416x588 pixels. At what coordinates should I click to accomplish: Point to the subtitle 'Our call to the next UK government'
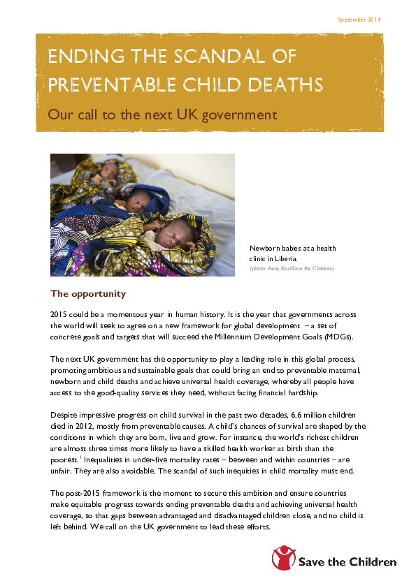pos(162,115)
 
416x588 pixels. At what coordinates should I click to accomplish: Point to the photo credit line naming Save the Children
pos(292,268)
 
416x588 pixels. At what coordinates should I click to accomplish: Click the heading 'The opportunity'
pos(88,293)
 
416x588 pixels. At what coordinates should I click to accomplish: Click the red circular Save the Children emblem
pos(284,559)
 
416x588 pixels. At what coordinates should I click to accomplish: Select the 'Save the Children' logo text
pos(347,561)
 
